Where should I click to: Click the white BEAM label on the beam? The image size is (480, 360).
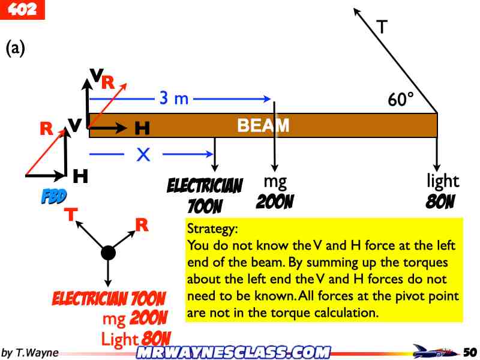click(x=263, y=125)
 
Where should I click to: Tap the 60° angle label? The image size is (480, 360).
click(x=401, y=100)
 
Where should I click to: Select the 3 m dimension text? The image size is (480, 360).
click(x=174, y=98)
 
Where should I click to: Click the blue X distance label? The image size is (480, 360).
click(x=143, y=155)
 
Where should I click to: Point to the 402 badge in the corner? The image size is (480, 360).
click(x=22, y=9)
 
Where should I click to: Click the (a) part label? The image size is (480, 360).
click(x=16, y=49)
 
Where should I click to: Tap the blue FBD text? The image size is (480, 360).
click(x=55, y=197)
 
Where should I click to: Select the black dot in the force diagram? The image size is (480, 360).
click(x=108, y=253)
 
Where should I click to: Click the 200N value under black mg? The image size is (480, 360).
click(x=275, y=202)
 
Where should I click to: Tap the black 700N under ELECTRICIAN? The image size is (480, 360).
click(x=205, y=207)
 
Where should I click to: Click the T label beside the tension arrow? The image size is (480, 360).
click(x=382, y=27)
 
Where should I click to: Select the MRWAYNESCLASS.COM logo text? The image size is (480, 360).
click(x=234, y=352)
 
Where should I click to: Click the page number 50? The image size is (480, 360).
click(x=470, y=352)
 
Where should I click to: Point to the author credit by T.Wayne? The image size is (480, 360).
click(x=30, y=353)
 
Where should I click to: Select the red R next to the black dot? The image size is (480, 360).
click(x=142, y=225)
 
